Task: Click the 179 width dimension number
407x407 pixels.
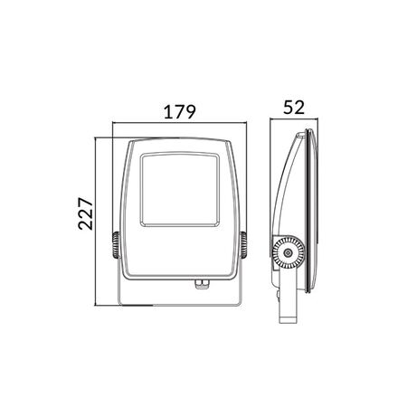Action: tap(180, 111)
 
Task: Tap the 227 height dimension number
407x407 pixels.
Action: tap(86, 213)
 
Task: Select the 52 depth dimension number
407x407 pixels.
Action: tap(294, 108)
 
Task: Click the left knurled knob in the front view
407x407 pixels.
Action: tap(116, 245)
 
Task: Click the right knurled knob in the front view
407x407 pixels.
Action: tap(243, 245)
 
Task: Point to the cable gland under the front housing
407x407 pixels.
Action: tap(202, 284)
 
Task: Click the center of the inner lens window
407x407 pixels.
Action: tap(180, 189)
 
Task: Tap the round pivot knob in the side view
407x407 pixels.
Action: tap(289, 252)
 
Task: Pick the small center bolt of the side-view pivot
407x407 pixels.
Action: tap(289, 252)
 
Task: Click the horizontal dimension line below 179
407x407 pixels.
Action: tap(179, 122)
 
